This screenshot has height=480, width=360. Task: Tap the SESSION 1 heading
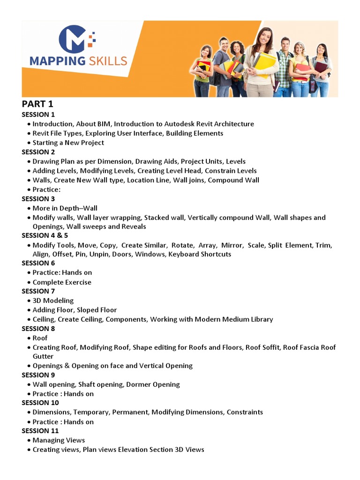(x=38, y=114)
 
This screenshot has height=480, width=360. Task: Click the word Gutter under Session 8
(x=43, y=356)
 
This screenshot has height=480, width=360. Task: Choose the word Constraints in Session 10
(x=245, y=412)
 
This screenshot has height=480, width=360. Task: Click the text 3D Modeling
(x=53, y=300)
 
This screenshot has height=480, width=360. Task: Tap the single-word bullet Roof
(x=40, y=338)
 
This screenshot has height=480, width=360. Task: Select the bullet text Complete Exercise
(x=62, y=282)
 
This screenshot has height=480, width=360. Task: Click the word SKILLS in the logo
(x=107, y=61)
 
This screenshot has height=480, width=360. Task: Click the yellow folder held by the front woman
(x=266, y=63)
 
